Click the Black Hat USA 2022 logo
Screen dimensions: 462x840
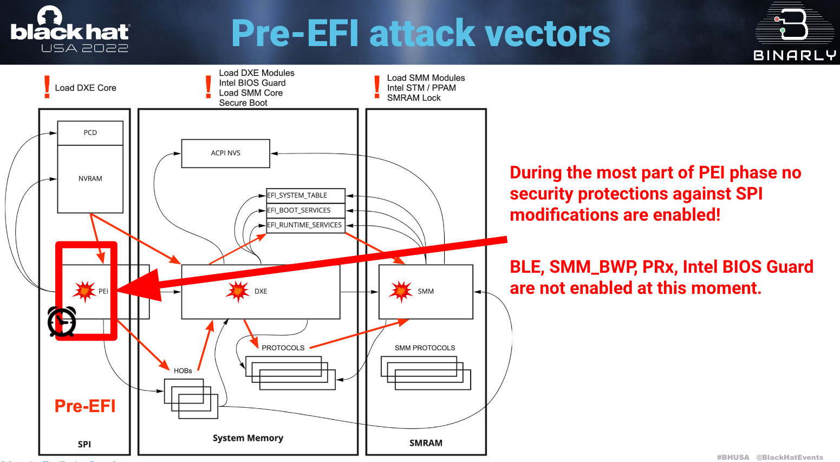(70, 31)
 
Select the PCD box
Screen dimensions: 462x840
(90, 133)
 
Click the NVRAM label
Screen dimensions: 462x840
(90, 178)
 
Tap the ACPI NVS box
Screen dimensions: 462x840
(225, 153)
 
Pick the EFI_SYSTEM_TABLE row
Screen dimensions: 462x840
(305, 195)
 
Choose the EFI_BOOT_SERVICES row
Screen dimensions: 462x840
(305, 210)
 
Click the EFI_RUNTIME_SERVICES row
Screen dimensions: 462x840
(305, 225)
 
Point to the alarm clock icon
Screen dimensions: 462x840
(62, 322)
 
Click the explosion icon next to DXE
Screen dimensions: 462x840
(238, 291)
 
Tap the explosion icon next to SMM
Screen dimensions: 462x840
(401, 291)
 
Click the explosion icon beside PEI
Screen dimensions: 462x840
(84, 291)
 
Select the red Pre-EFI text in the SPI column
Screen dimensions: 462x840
(85, 406)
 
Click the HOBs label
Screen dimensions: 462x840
(183, 371)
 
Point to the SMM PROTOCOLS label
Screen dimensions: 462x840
(425, 348)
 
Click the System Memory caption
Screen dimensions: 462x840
(248, 438)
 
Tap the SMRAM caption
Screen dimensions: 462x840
(426, 443)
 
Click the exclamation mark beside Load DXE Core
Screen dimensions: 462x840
(47, 87)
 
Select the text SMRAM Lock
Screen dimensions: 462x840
(414, 98)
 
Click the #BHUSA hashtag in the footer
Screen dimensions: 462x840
(733, 457)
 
